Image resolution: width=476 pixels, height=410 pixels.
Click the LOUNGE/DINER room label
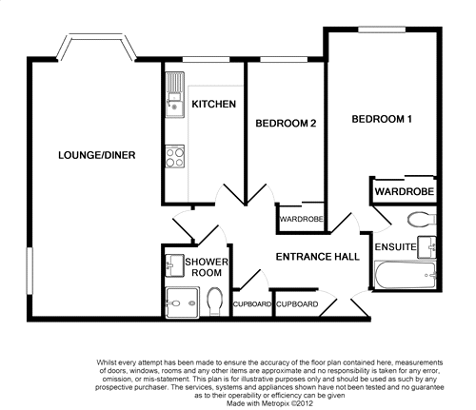pyautogui.click(x=95, y=156)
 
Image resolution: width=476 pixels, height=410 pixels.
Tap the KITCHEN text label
pyautogui.click(x=214, y=104)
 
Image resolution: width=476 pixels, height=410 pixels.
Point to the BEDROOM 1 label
pyautogui.click(x=382, y=119)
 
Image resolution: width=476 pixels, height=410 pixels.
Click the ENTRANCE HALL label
pyautogui.click(x=317, y=258)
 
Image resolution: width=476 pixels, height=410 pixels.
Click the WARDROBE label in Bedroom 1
pyautogui.click(x=404, y=192)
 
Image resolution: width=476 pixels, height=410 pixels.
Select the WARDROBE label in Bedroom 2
pyautogui.click(x=301, y=220)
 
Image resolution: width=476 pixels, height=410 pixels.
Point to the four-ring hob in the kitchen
pyautogui.click(x=174, y=156)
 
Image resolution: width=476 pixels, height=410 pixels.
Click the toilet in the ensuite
pyautogui.click(x=421, y=221)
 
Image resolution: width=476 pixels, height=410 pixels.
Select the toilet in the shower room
pyautogui.click(x=215, y=301)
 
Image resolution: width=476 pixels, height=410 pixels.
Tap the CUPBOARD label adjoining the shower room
pyautogui.click(x=250, y=305)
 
